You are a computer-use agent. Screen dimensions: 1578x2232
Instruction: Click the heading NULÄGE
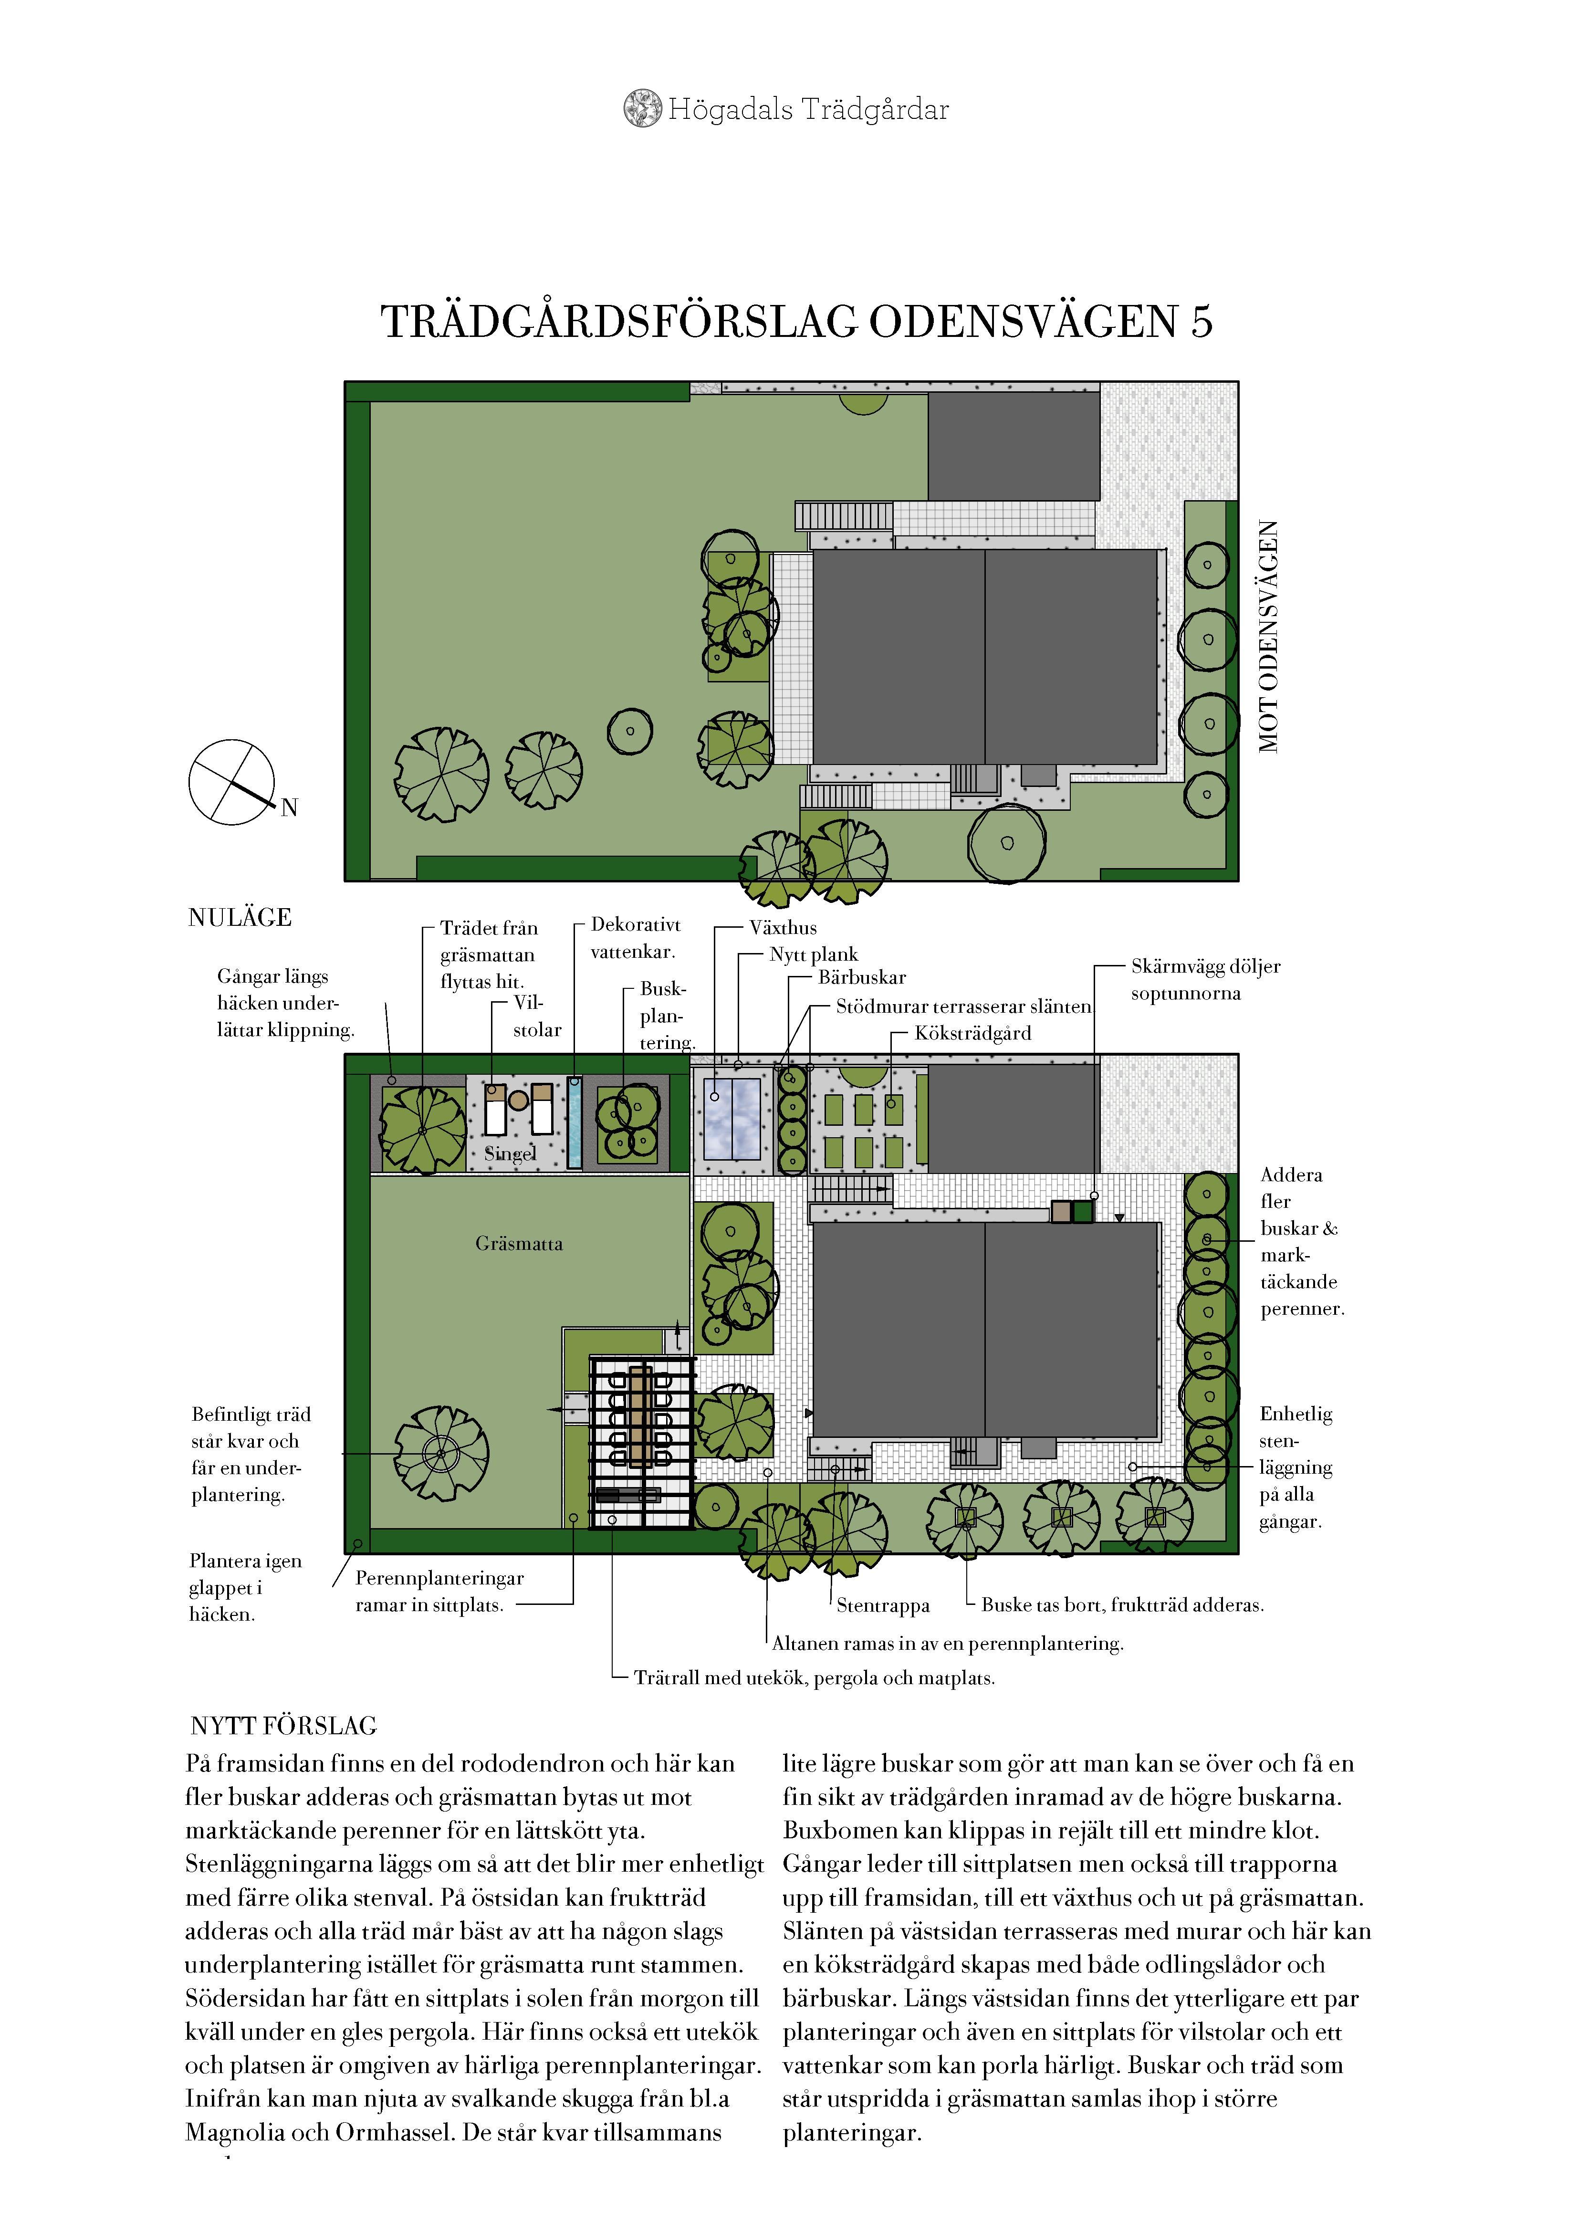click(x=239, y=918)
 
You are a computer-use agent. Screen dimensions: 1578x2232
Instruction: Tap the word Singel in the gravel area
click(x=511, y=1154)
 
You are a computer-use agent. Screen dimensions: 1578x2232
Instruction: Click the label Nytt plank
click(x=814, y=954)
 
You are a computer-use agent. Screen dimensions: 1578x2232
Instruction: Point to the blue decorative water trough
click(x=575, y=1122)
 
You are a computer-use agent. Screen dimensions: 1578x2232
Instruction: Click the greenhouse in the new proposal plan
click(x=732, y=1119)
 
